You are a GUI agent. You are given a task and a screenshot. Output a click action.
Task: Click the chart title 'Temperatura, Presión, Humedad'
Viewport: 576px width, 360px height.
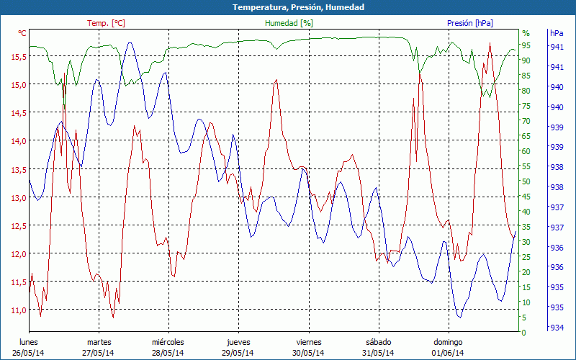click(x=288, y=7)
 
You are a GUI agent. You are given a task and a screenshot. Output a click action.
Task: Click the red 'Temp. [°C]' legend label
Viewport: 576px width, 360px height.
click(x=106, y=23)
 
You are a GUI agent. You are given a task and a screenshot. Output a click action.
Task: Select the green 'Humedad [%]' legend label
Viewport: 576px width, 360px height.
click(x=289, y=23)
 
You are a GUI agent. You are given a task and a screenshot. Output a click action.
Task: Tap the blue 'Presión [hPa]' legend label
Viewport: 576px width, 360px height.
click(x=469, y=23)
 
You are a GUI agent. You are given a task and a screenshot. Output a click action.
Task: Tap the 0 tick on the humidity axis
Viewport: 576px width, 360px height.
click(x=524, y=333)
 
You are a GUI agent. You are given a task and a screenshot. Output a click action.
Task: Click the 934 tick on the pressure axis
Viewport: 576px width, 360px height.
click(x=557, y=328)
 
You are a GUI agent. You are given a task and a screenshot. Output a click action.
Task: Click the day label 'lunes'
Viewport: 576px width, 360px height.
click(x=28, y=342)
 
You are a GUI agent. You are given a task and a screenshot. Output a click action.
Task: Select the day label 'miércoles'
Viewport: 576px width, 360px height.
click(x=168, y=342)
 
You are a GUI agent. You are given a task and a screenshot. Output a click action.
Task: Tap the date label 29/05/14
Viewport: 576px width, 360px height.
click(x=238, y=353)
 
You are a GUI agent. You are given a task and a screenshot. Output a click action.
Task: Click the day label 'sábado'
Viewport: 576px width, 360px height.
click(x=378, y=342)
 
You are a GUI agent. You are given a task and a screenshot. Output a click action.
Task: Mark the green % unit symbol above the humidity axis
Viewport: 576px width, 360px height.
click(x=526, y=33)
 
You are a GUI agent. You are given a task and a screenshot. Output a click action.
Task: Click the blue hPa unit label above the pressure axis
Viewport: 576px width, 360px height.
click(x=557, y=33)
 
